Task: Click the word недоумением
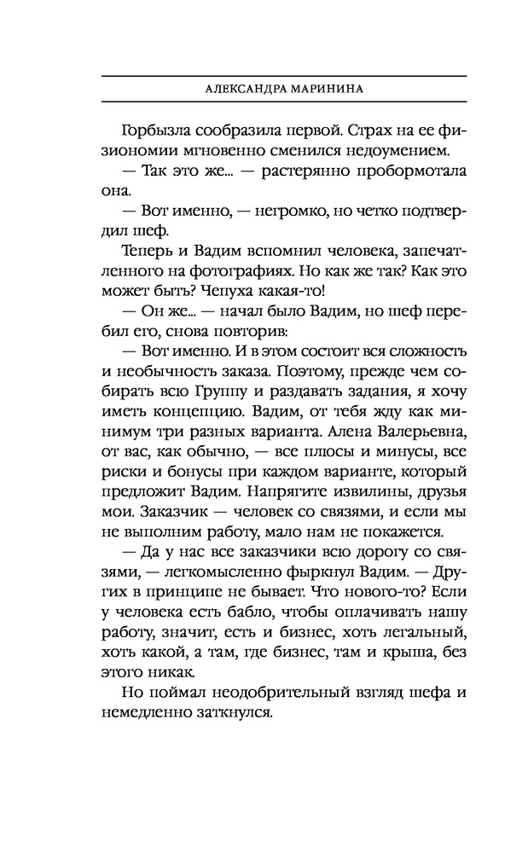coord(377,153)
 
